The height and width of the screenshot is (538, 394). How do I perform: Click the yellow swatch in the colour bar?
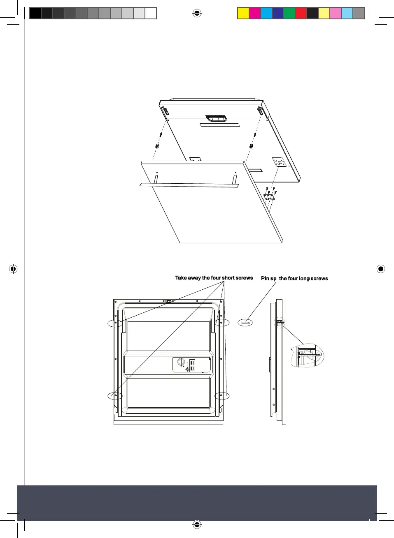pyautogui.click(x=243, y=14)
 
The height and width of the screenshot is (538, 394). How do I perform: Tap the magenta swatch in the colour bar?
pyautogui.click(x=255, y=14)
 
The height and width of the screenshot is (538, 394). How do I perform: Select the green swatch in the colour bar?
pyautogui.click(x=289, y=14)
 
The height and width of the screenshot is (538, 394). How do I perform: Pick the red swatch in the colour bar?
pyautogui.click(x=301, y=14)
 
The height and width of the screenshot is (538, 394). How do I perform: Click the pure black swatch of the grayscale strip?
pyautogui.click(x=35, y=14)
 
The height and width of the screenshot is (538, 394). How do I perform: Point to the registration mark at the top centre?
pyautogui.click(x=197, y=14)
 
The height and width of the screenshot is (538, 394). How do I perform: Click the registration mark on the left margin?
pyautogui.click(x=13, y=269)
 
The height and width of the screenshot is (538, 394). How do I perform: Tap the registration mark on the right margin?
pyautogui.click(x=381, y=269)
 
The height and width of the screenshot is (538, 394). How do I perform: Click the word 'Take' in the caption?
pyautogui.click(x=181, y=278)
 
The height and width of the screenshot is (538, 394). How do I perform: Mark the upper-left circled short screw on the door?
pyautogui.click(x=116, y=323)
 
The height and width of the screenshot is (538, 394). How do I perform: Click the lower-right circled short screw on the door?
pyautogui.click(x=222, y=396)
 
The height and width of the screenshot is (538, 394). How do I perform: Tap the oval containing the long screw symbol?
pyautogui.click(x=245, y=323)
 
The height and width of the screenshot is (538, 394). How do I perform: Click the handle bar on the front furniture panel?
pyautogui.click(x=189, y=185)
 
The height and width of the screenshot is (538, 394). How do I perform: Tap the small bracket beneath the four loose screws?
pyautogui.click(x=269, y=197)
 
